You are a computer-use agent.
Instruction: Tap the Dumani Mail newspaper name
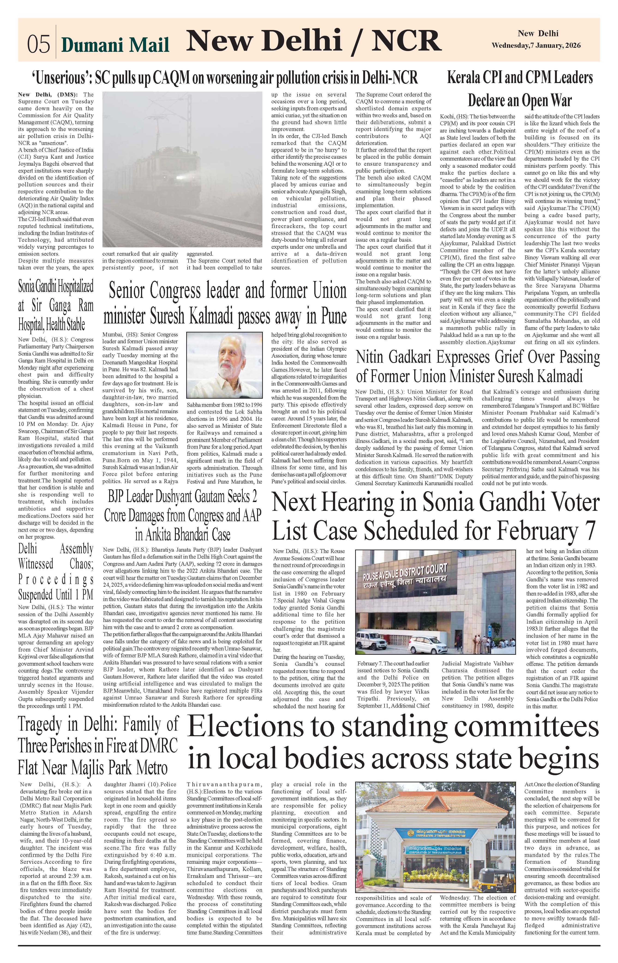point(115,45)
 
